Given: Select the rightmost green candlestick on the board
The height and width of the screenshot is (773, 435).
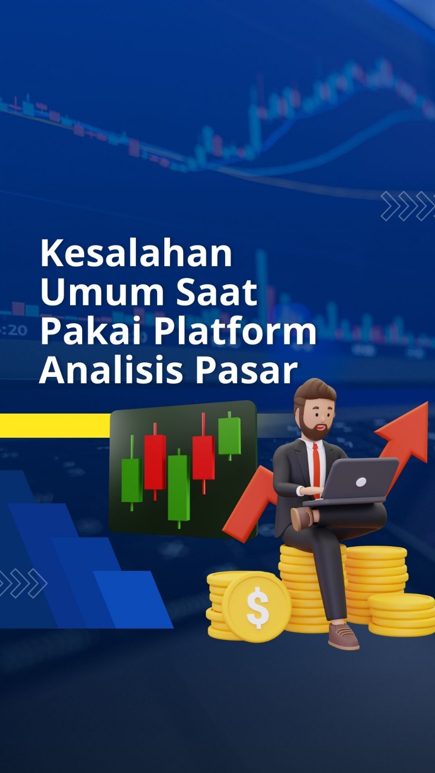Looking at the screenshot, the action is [230, 435].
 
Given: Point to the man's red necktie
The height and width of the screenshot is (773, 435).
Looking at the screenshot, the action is [316, 469].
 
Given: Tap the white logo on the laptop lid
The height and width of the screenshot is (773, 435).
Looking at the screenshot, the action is [361, 481].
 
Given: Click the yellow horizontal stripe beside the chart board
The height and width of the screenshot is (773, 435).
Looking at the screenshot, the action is [55, 425].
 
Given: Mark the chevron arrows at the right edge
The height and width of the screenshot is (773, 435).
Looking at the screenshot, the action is [408, 206].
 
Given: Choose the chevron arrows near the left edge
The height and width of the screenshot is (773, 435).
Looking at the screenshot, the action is [23, 583].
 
